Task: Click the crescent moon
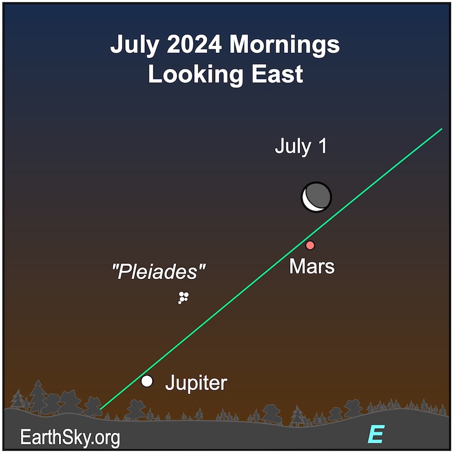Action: [317, 197]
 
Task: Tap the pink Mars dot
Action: [310, 245]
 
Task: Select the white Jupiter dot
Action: [147, 381]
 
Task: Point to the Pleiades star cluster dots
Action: [183, 298]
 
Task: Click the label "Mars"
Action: [312, 266]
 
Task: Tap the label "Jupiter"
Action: [196, 383]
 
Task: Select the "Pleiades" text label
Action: [159, 272]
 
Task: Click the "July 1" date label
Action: [301, 146]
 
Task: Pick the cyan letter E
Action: [376, 434]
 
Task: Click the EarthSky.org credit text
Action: [70, 438]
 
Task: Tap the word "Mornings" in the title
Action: [285, 45]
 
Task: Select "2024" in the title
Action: [194, 44]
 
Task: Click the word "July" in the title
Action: [135, 45]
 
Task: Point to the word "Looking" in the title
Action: [195, 75]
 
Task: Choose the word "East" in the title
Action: [277, 74]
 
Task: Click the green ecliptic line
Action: [271, 269]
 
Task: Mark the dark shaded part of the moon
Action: [319, 195]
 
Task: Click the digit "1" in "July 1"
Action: [323, 146]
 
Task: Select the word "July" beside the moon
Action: [293, 147]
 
